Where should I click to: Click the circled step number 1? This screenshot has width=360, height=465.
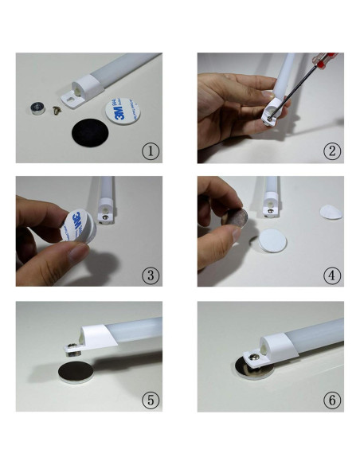click(x=151, y=151)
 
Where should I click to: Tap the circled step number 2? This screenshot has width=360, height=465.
click(x=332, y=151)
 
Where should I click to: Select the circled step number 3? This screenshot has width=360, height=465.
click(x=151, y=275)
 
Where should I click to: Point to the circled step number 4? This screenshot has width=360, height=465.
click(x=332, y=275)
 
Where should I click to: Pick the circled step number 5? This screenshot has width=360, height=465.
click(x=151, y=401)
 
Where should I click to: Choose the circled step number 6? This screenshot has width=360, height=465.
click(x=332, y=401)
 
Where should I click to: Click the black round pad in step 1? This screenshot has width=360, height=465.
click(x=90, y=132)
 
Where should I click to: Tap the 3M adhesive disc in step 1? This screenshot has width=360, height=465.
click(x=123, y=111)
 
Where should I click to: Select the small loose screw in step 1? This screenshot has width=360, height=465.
click(x=57, y=111)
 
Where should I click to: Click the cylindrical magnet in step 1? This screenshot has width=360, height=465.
click(x=37, y=108)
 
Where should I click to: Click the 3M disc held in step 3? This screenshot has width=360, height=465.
click(x=78, y=225)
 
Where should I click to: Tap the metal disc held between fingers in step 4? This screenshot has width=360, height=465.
click(x=237, y=218)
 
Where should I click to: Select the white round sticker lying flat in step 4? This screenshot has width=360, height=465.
click(x=272, y=240)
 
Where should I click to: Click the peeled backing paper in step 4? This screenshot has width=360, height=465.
click(x=331, y=212)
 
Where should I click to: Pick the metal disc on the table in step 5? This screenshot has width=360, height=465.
click(x=76, y=372)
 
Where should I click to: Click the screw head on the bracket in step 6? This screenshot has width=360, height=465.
click(x=253, y=357)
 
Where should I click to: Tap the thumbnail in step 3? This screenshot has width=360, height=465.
click(x=78, y=253)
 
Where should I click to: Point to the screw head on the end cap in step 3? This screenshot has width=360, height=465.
click(x=105, y=217)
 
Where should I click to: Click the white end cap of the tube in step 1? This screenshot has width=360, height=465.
click(x=86, y=89)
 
